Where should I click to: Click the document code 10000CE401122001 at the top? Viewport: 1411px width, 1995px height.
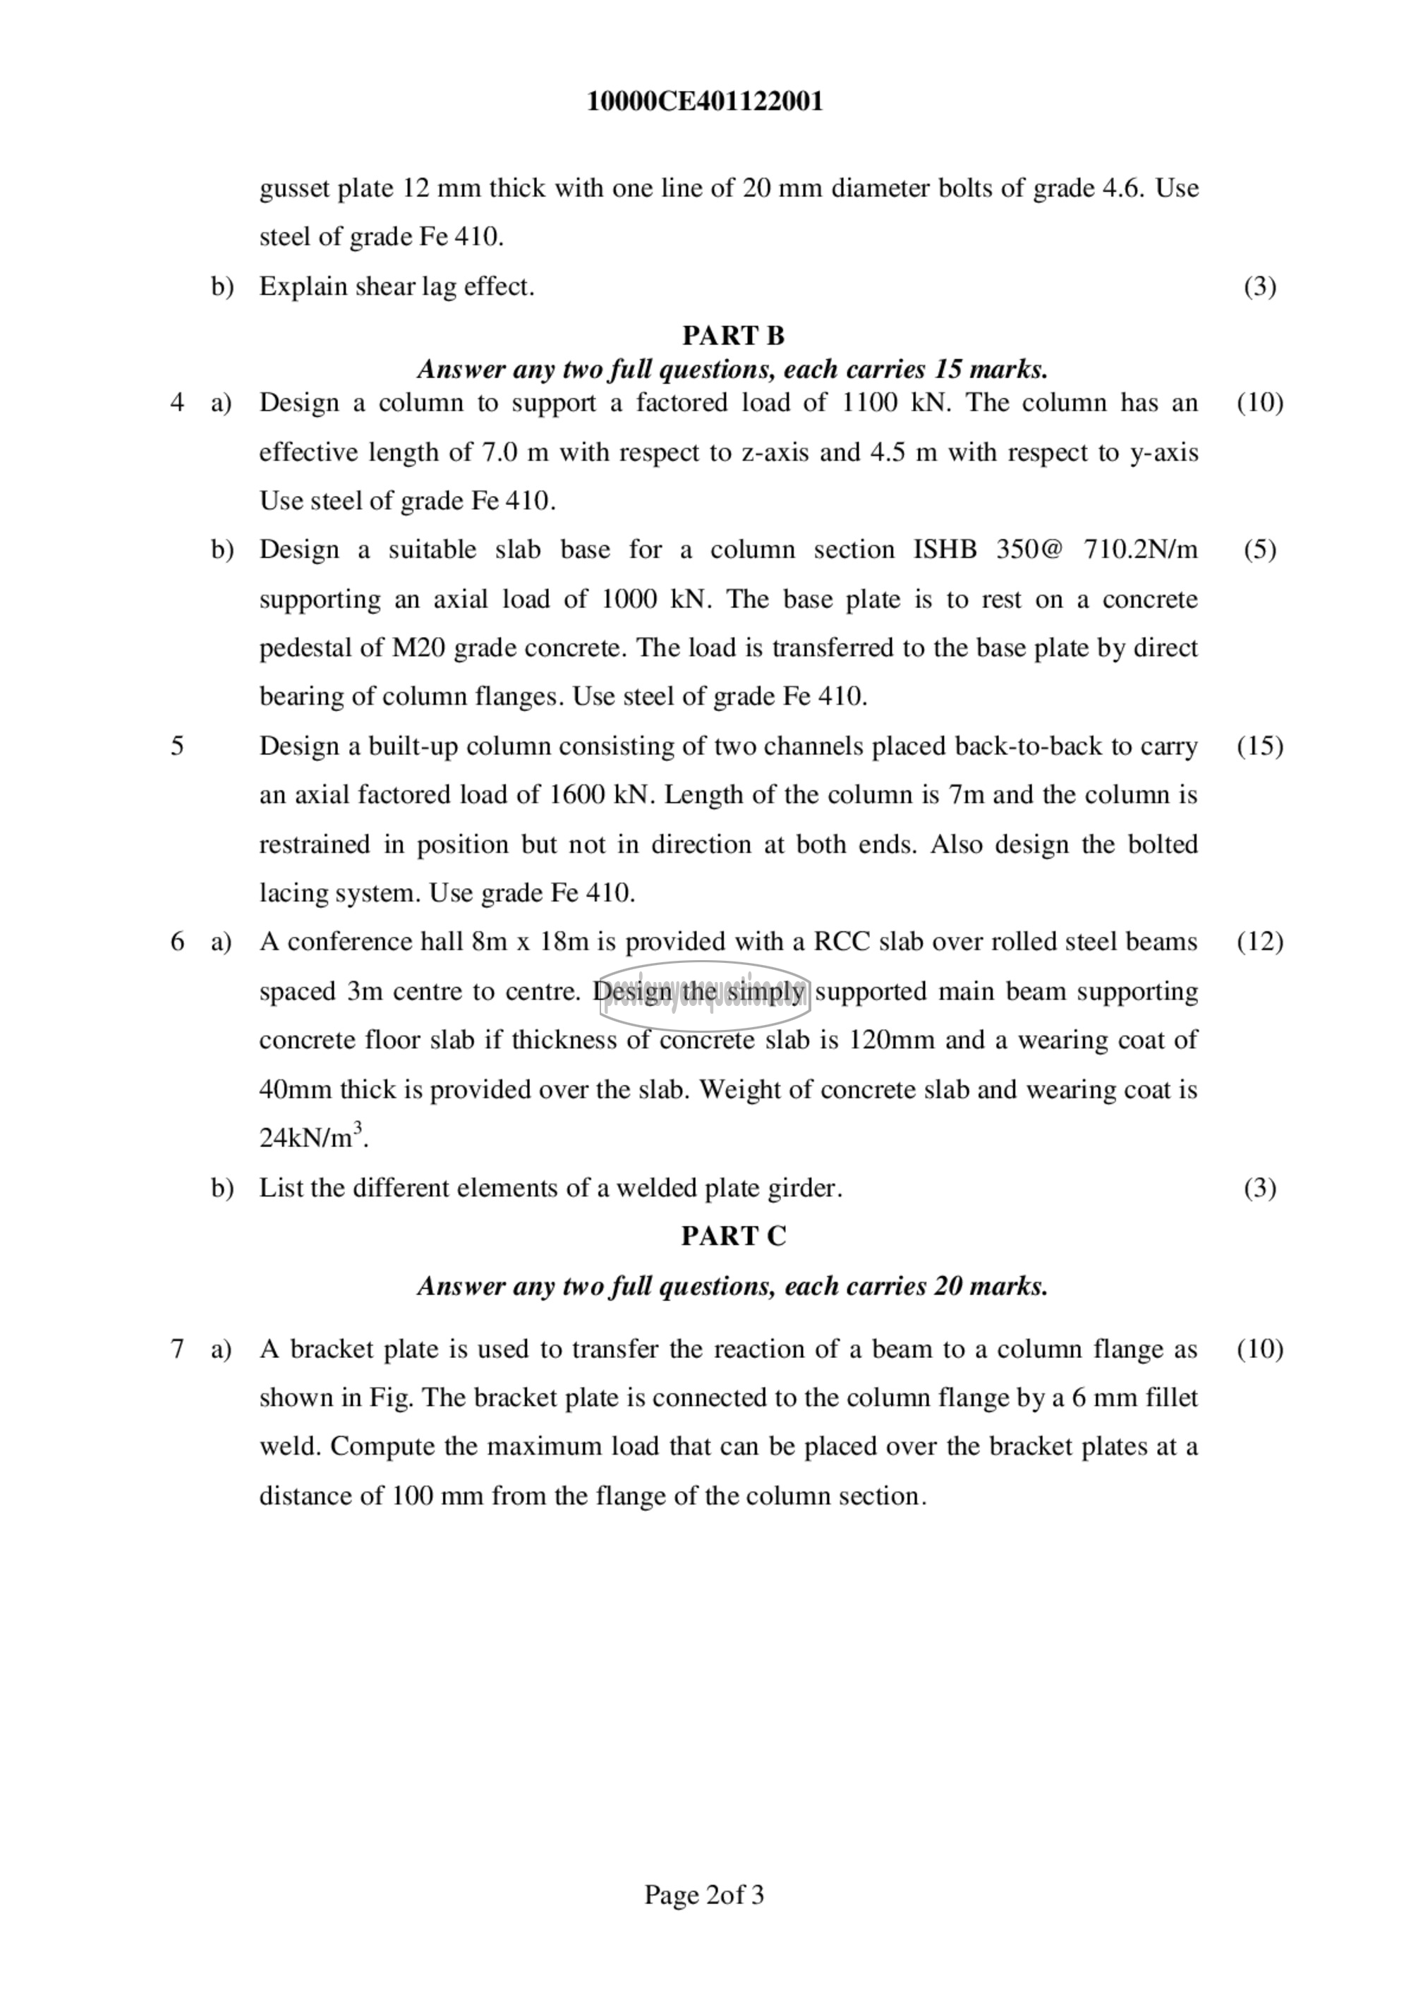click(x=705, y=102)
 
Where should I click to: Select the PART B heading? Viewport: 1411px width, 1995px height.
click(x=732, y=335)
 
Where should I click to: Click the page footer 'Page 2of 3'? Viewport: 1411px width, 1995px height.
click(x=704, y=1894)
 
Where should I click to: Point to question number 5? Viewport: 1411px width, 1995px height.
click(x=177, y=746)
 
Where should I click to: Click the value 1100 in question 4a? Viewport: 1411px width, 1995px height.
click(x=870, y=404)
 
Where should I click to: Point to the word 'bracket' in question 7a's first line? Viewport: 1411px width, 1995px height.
click(x=334, y=1350)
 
